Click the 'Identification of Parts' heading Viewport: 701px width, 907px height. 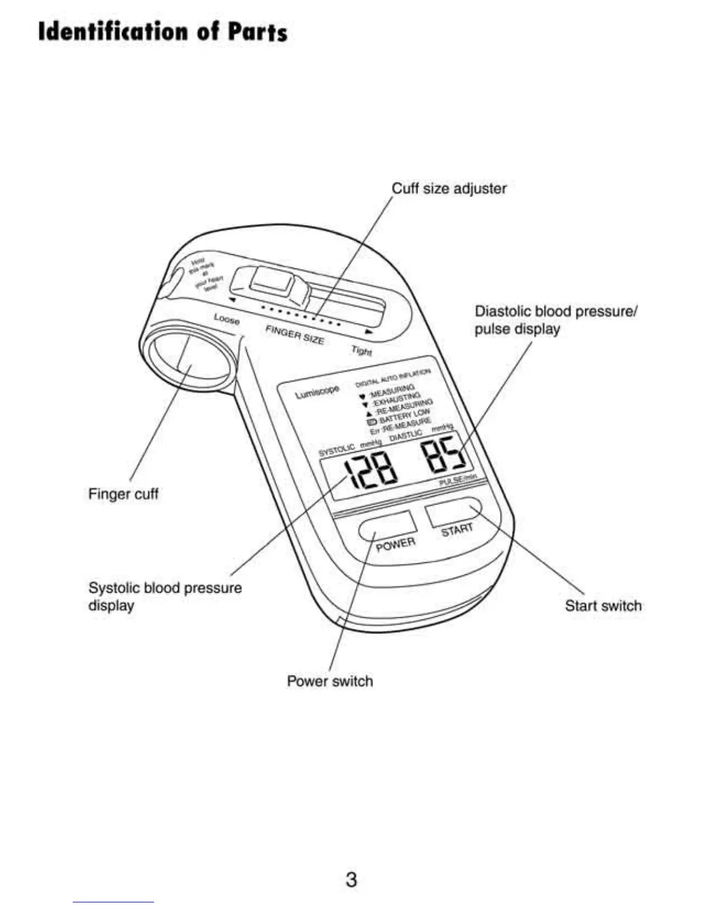[163, 31]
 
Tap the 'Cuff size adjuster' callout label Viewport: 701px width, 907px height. [449, 188]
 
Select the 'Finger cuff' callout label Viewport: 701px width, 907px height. [123, 494]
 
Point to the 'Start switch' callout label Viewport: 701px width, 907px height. [603, 606]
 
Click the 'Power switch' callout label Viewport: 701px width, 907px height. [330, 681]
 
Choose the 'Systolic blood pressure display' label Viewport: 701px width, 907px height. [164, 596]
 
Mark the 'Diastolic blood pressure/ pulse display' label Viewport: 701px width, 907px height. [555, 320]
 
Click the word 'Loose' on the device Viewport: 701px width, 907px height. [227, 319]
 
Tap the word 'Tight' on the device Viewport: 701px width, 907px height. [361, 350]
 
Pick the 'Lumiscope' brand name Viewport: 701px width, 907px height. [317, 392]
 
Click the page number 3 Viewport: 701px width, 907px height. [351, 879]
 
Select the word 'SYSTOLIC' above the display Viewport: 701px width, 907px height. [337, 450]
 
